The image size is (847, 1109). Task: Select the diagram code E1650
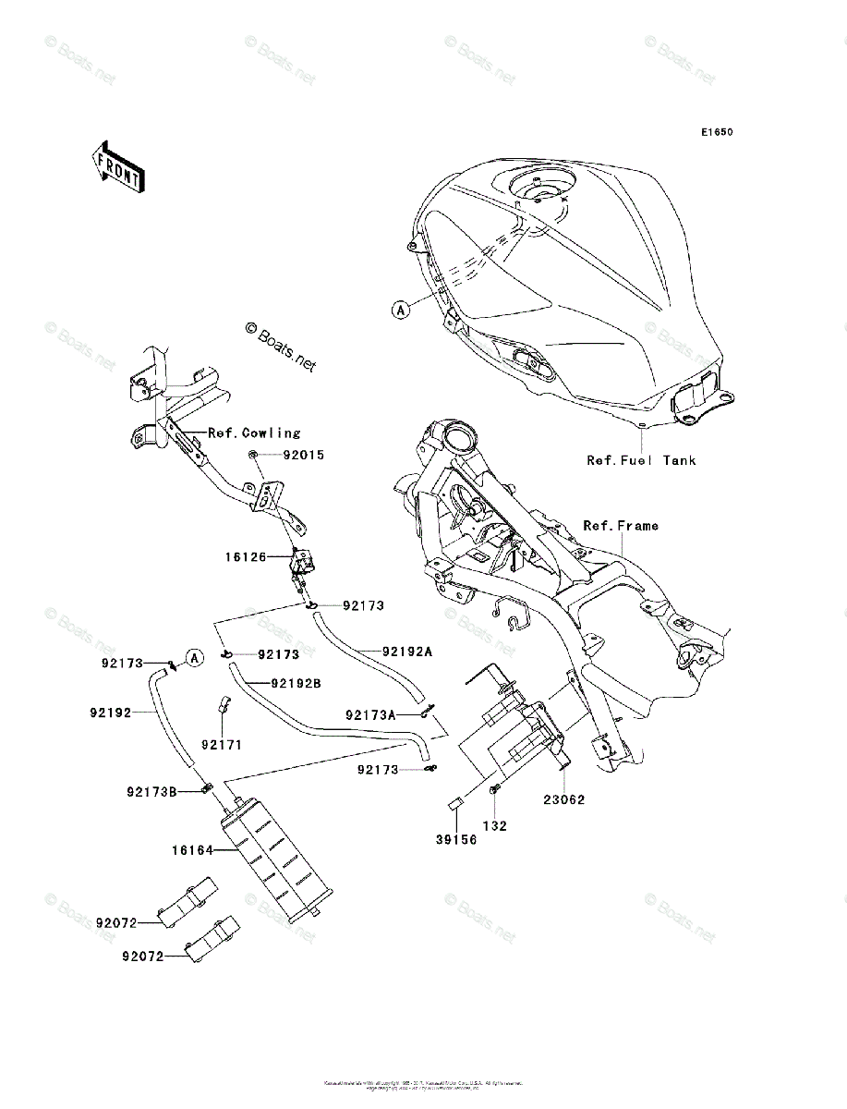(x=716, y=132)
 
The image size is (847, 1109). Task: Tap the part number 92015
(x=304, y=456)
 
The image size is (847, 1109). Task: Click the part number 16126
(x=245, y=557)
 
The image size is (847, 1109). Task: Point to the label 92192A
(x=407, y=651)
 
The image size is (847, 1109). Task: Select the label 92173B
(x=152, y=791)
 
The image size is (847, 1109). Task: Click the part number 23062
(x=563, y=799)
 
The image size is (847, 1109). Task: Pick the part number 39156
(x=457, y=840)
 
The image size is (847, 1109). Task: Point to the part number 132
(x=496, y=825)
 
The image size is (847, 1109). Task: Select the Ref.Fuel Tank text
(x=641, y=460)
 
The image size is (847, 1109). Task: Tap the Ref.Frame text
(x=621, y=525)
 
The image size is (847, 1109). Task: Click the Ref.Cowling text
(x=254, y=433)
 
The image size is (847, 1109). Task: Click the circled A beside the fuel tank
(x=400, y=311)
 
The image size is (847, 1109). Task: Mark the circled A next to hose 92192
(x=194, y=658)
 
